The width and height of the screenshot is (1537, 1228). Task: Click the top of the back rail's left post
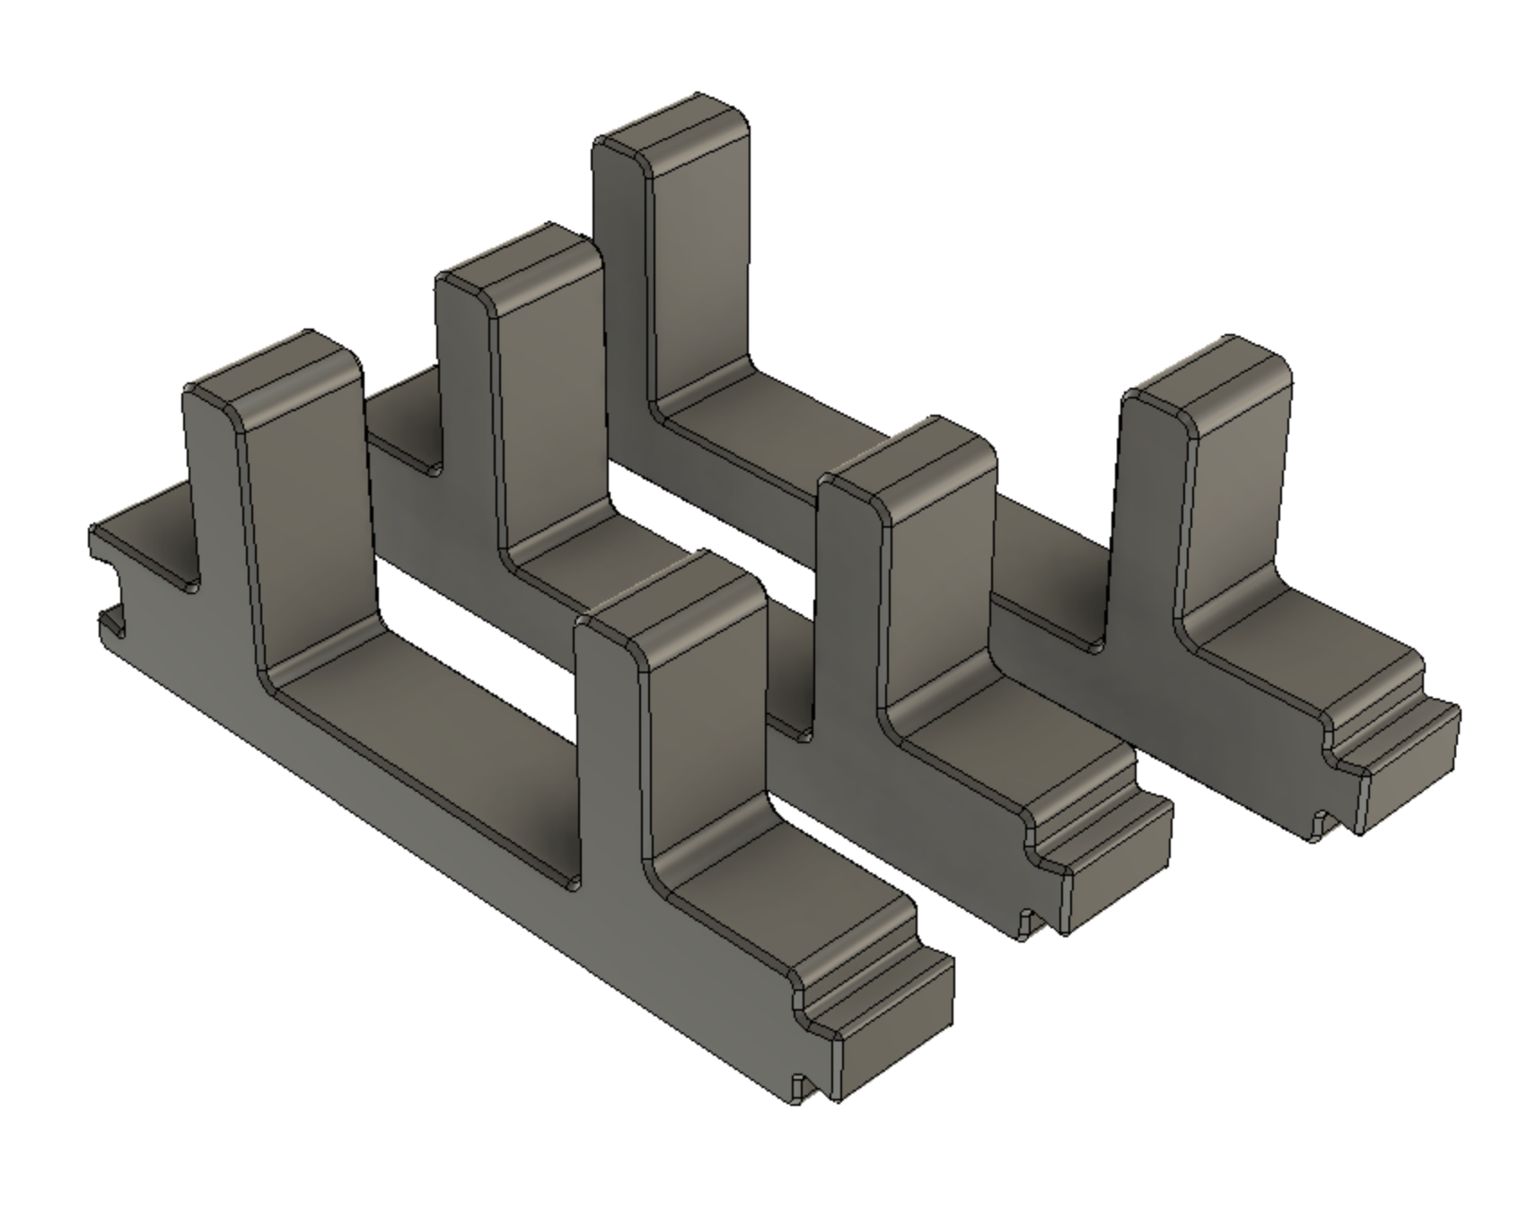(x=673, y=135)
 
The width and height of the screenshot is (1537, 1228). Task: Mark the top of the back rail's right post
(x=1208, y=382)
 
